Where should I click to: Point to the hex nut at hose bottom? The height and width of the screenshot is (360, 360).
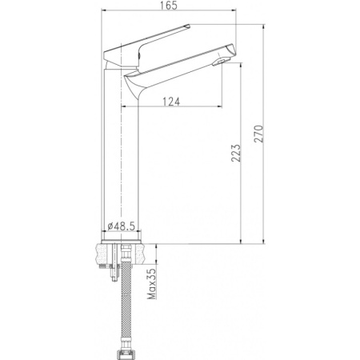click(x=126, y=352)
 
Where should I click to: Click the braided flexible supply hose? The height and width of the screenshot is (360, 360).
click(x=126, y=304)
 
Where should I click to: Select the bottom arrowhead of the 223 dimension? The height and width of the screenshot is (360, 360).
click(x=241, y=239)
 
